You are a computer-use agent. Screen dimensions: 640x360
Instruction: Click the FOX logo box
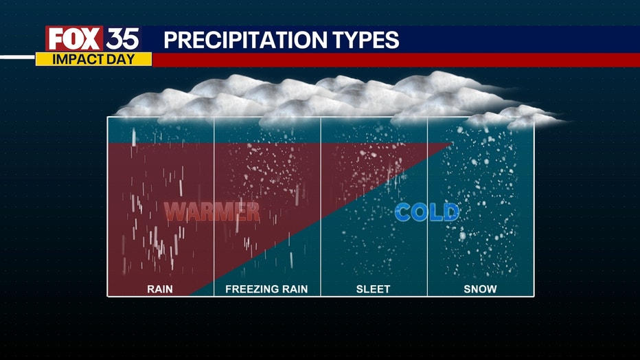[x=74, y=38]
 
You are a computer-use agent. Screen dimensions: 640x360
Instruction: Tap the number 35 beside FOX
[x=123, y=39]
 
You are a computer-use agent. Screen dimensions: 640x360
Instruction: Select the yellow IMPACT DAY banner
[x=93, y=59]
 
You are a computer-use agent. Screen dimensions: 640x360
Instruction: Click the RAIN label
[x=160, y=289]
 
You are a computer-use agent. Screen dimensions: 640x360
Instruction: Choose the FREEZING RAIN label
[x=266, y=289]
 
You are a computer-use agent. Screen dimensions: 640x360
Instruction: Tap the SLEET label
[x=373, y=289]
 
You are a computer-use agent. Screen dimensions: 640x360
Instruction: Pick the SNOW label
[x=480, y=289]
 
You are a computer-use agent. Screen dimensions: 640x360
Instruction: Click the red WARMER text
[x=212, y=212]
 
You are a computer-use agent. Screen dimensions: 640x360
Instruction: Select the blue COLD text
[x=427, y=212]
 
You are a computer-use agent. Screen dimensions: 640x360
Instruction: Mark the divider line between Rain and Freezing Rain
[x=214, y=207]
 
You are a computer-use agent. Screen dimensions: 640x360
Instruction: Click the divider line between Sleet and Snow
[x=427, y=207]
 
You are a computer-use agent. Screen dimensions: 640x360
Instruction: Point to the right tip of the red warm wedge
[x=453, y=144]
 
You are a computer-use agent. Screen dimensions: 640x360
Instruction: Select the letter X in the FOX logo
[x=91, y=38]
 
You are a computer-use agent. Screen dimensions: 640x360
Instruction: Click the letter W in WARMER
[x=175, y=212]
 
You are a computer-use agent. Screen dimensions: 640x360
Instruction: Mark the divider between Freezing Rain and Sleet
[x=321, y=207]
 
